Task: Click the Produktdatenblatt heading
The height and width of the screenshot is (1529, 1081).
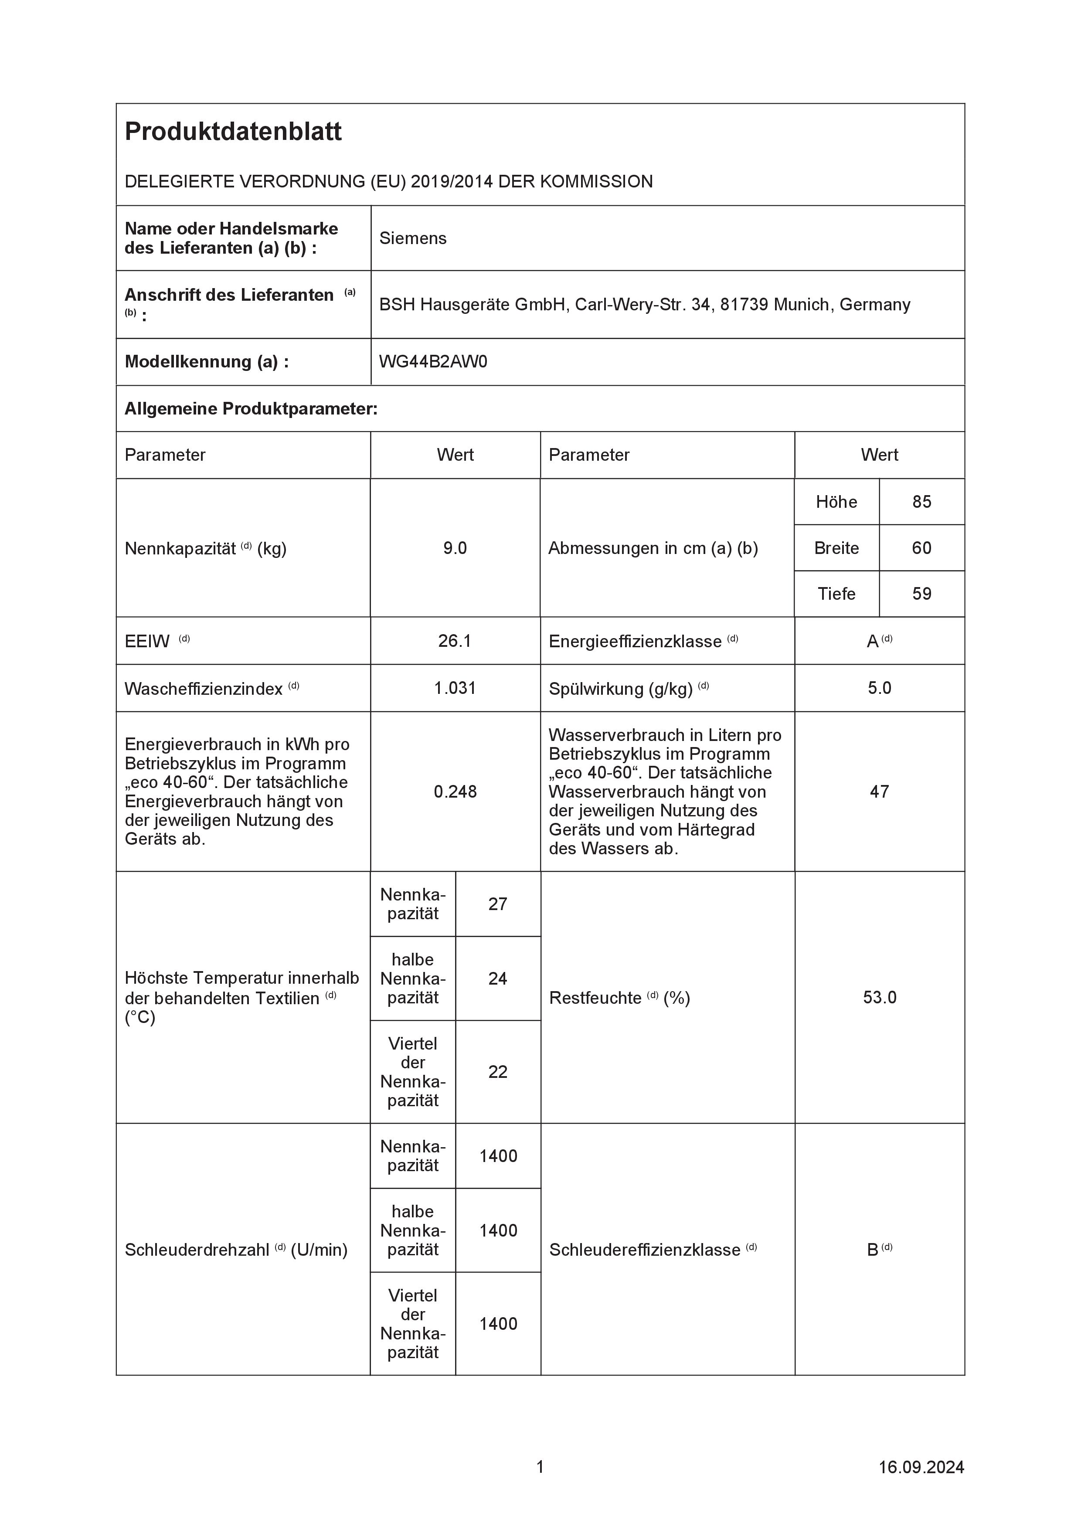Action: point(233,132)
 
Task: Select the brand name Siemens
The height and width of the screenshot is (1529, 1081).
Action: point(412,238)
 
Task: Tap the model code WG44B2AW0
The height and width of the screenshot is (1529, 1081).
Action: point(433,362)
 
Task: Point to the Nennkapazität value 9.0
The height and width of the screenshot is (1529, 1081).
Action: point(455,548)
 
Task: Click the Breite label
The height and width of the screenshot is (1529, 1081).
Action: point(836,548)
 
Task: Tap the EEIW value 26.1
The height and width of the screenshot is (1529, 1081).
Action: point(455,641)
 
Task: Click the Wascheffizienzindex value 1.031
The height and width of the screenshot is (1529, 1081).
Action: point(455,688)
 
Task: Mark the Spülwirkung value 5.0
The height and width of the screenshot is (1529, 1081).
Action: point(879,688)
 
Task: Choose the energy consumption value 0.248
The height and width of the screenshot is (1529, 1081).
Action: point(455,792)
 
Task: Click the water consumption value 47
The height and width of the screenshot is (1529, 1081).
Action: point(879,792)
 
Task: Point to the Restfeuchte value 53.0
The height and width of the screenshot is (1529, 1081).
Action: point(879,998)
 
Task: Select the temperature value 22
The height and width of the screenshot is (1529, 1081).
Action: point(497,1072)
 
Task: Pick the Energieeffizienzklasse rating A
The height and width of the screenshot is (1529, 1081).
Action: point(873,641)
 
